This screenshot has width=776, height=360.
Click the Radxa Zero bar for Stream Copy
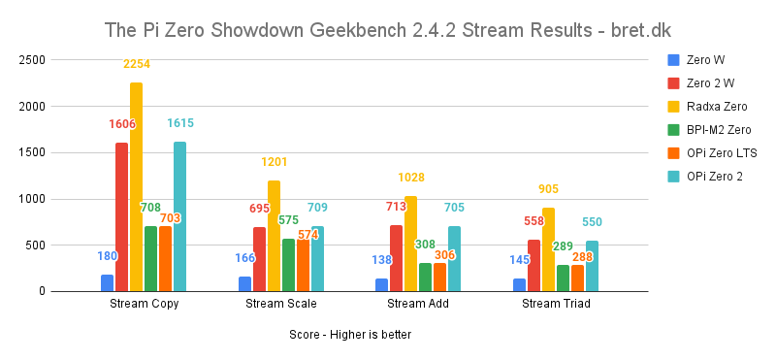coord(136,187)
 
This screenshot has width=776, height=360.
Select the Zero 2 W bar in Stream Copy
coord(121,217)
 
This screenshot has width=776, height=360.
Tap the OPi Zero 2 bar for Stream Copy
coord(179,216)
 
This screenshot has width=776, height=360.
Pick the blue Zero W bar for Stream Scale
coord(244,283)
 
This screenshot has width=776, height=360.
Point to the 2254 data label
coord(136,64)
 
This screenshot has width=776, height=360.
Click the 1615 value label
coord(180,123)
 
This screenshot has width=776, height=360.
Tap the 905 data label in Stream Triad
coord(548,188)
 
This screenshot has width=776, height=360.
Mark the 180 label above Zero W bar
coord(107,256)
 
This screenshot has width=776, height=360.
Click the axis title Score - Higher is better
coord(349,335)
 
